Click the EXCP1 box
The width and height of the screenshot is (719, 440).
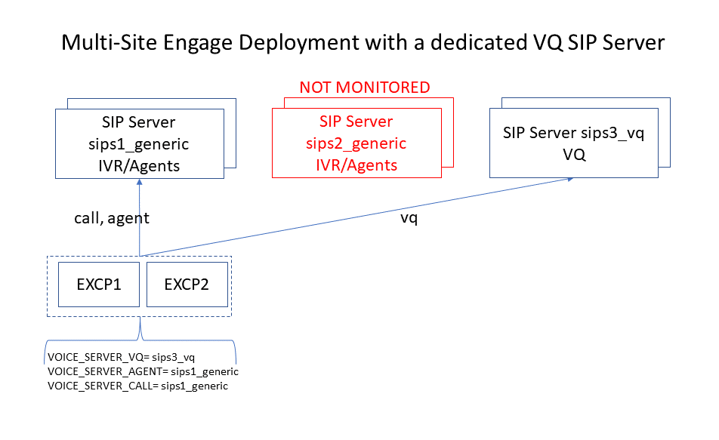[99, 285]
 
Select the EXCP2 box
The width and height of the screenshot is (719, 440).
[186, 285]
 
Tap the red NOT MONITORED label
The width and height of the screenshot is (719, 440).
[365, 88]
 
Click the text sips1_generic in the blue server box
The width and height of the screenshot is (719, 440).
[140, 143]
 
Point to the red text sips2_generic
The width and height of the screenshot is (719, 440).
[356, 143]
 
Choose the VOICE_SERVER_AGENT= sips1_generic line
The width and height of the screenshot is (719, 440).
[143, 371]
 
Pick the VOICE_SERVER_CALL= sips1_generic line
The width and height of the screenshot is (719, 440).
[137, 386]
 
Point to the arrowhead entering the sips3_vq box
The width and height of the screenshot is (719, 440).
[572, 180]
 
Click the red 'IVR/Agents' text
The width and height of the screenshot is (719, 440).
[356, 165]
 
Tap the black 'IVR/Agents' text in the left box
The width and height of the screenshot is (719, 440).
[140, 165]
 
